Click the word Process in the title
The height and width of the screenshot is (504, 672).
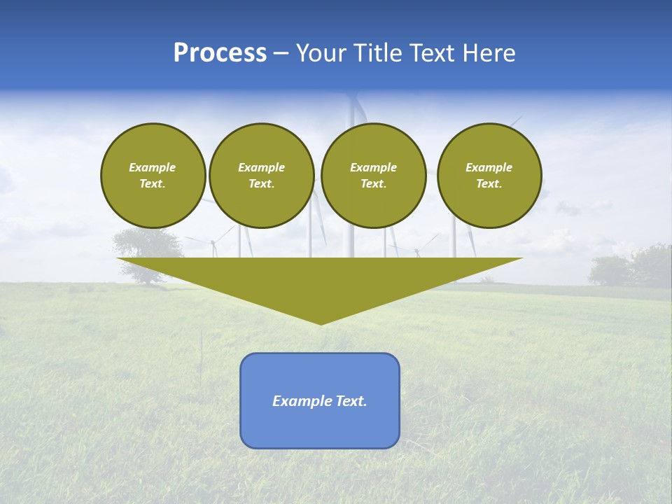(x=220, y=53)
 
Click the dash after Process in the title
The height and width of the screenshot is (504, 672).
(x=281, y=54)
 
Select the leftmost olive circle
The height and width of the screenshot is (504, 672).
(x=153, y=176)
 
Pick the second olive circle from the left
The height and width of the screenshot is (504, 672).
(x=261, y=176)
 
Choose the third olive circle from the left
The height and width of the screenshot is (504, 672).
(x=373, y=176)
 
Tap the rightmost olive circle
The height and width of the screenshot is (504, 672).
(x=489, y=176)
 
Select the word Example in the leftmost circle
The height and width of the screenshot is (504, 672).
(x=153, y=167)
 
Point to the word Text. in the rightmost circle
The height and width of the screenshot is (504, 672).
(x=489, y=183)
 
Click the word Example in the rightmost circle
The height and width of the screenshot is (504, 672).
(x=489, y=167)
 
